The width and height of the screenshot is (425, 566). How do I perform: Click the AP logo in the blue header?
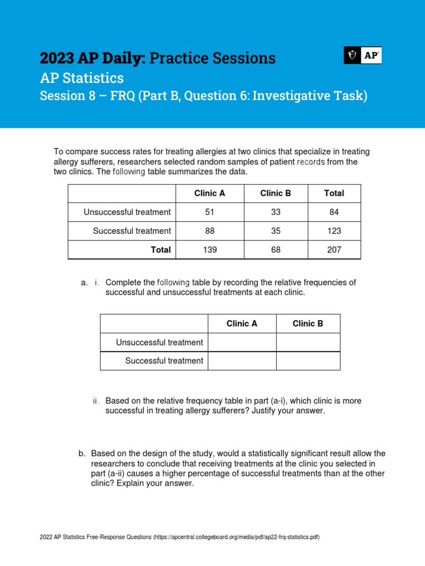362,55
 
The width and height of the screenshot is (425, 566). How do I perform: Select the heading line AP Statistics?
82,78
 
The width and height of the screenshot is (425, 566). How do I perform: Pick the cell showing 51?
210,212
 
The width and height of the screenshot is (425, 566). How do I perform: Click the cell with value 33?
276,212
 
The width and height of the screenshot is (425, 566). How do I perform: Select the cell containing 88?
210,231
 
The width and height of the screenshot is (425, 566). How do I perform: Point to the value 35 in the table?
276,231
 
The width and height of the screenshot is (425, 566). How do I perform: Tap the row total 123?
334,231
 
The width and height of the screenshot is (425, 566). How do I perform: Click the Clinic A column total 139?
210,250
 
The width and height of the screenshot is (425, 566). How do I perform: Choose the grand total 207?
334,250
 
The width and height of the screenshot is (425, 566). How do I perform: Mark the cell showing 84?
334,212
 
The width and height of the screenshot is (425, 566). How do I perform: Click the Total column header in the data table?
334,193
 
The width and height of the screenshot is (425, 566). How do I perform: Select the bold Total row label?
160,250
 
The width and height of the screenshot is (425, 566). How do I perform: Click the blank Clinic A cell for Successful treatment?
242,361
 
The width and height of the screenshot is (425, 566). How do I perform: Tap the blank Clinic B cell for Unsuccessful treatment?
308,343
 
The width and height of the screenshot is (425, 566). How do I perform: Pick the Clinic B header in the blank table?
308,324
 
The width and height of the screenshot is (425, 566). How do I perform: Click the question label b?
82,454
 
